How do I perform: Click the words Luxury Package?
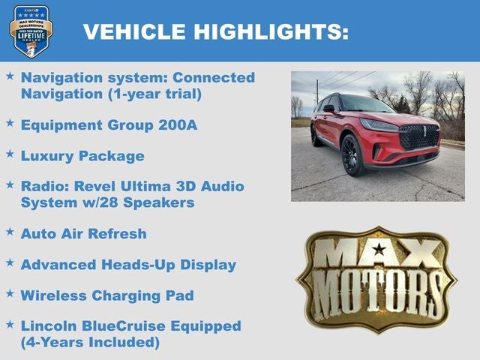(82, 156)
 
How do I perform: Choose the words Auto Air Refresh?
(83, 233)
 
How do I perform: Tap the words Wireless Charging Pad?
(107, 295)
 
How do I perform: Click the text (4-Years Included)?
(90, 343)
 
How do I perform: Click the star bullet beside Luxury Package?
(10, 154)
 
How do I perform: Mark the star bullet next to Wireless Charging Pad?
(10, 294)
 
